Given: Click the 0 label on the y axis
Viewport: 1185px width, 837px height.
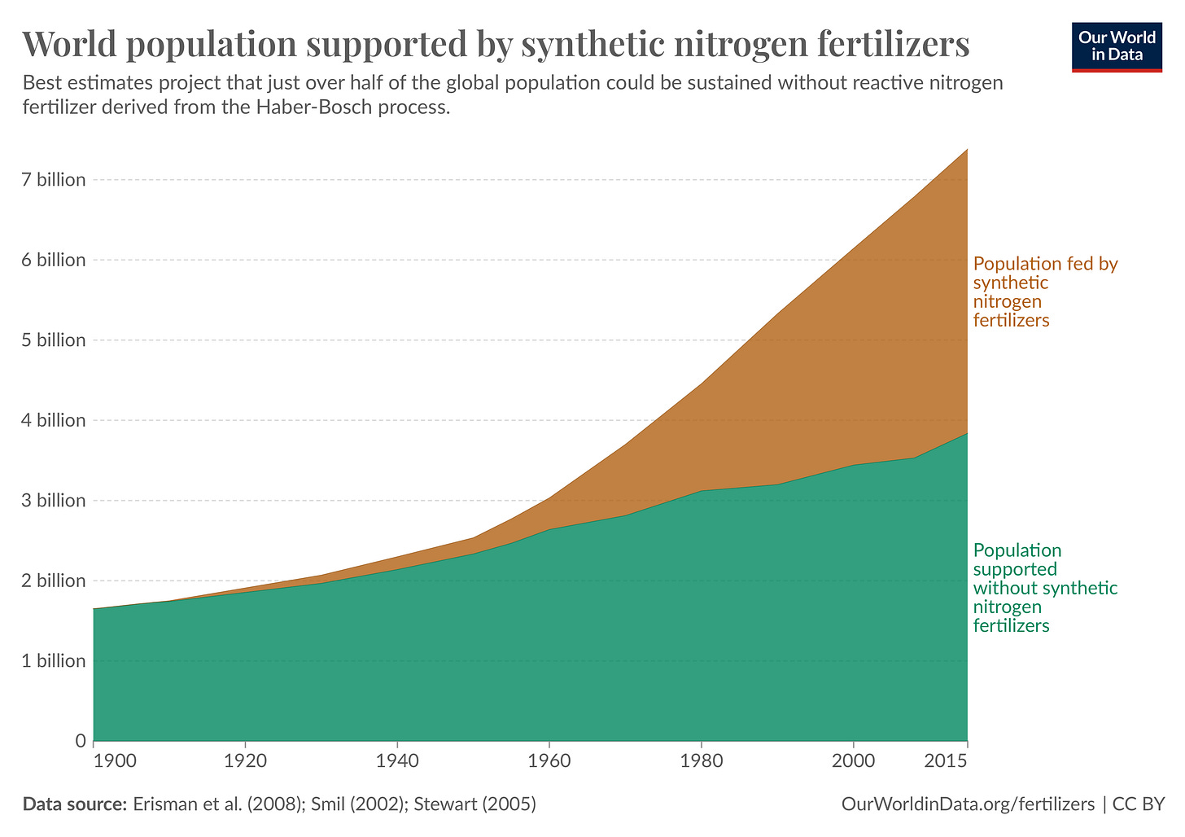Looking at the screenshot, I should [81, 741].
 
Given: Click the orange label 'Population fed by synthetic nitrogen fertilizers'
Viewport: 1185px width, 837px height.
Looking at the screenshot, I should [1045, 291].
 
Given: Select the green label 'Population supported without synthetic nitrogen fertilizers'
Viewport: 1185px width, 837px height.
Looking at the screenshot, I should [1045, 588].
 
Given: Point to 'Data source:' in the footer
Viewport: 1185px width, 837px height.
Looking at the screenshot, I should [74, 804].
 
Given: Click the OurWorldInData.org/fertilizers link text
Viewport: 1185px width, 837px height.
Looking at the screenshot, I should [968, 804].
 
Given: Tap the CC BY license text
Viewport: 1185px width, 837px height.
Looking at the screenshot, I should [1139, 804].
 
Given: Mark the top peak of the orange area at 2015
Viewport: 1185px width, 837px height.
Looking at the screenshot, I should [967, 149].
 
